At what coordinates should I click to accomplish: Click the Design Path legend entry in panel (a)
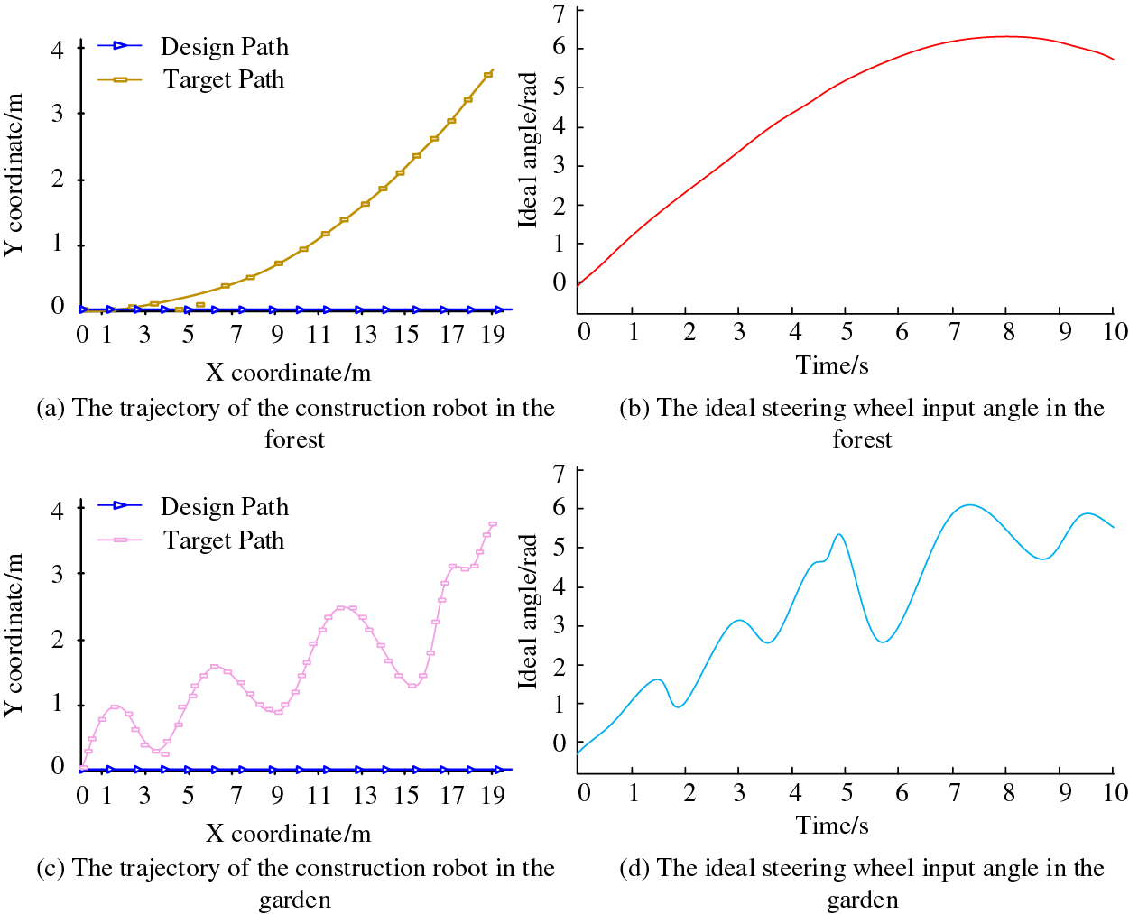click(x=224, y=46)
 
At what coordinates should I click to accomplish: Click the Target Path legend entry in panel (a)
click(x=223, y=79)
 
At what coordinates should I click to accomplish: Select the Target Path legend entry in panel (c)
click(x=223, y=540)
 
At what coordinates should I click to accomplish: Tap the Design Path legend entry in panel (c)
click(x=224, y=506)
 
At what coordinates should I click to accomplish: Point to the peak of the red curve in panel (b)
click(x=1006, y=36)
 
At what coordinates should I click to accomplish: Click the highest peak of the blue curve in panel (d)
click(x=969, y=504)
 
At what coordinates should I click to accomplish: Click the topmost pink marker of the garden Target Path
click(x=493, y=524)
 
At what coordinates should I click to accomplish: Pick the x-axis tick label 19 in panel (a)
click(x=493, y=335)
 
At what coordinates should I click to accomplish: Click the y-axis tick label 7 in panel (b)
click(x=559, y=13)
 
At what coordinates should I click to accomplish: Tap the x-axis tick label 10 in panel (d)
click(x=1115, y=792)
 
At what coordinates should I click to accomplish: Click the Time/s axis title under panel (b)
click(x=832, y=365)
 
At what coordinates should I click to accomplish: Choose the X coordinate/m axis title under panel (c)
click(x=288, y=833)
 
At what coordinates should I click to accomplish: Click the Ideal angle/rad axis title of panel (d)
click(x=528, y=611)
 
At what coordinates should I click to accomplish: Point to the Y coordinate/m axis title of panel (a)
click(x=14, y=173)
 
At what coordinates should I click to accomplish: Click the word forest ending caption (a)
click(x=294, y=439)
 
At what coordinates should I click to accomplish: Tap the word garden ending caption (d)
click(x=862, y=900)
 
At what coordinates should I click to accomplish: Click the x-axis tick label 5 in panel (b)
click(x=847, y=332)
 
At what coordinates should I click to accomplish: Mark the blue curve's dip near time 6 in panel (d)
click(x=883, y=642)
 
